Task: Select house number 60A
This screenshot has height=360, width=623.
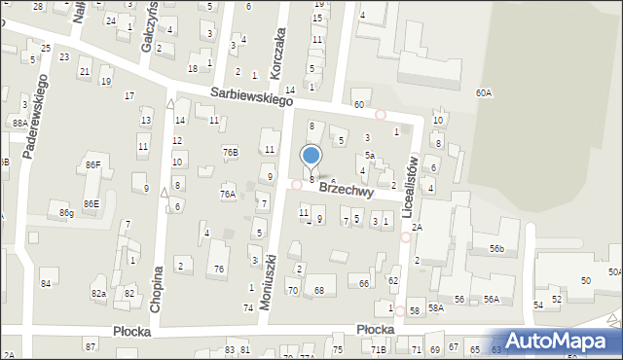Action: tap(483, 92)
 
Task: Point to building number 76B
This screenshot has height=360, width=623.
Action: tap(230, 152)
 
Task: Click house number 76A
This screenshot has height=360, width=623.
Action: tap(227, 195)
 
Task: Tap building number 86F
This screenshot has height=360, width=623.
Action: tap(92, 165)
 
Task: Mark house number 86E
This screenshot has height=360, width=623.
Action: tap(91, 203)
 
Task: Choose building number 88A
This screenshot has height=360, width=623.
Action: tap(19, 124)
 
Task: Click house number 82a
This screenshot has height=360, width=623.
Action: tap(98, 293)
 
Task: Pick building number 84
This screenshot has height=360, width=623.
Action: tap(45, 283)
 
